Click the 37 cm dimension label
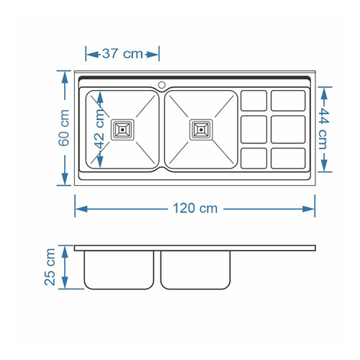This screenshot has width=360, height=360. click(122, 54)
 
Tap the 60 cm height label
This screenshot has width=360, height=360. click(63, 127)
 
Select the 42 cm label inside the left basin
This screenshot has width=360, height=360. click(99, 130)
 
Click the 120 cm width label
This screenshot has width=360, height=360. click(194, 209)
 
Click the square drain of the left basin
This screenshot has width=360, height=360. click(121, 130)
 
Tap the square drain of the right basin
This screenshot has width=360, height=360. click(201, 130)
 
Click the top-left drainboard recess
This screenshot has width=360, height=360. click(253, 100)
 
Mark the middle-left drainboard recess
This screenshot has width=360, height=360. click(253, 129)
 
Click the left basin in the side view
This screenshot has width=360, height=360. click(120, 270)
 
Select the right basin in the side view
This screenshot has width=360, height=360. click(198, 270)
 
